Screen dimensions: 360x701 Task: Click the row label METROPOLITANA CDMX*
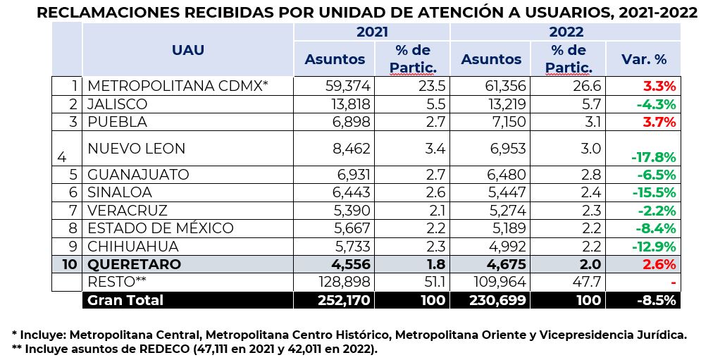pyautogui.click(x=178, y=86)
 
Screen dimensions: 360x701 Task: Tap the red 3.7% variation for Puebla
pyautogui.click(x=659, y=121)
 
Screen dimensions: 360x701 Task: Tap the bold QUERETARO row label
pyautogui.click(x=135, y=264)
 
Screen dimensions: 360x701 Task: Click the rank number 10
pyautogui.click(x=68, y=264)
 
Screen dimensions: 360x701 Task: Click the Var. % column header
pyautogui.click(x=643, y=59)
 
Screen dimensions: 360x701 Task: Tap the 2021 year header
pyautogui.click(x=372, y=32)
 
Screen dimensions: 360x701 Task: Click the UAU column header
pyautogui.click(x=188, y=50)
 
